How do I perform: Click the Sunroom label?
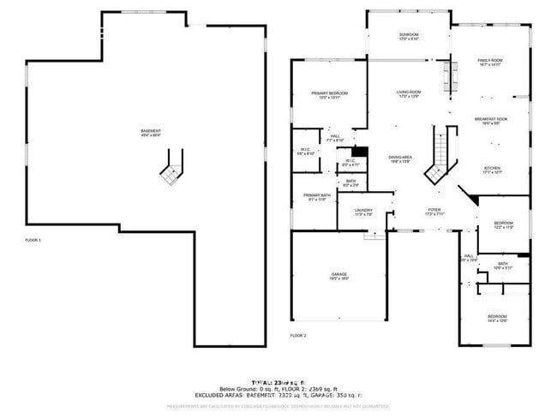click(409, 36)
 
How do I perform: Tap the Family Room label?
click(489, 61)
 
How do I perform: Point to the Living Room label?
click(409, 93)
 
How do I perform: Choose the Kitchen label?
click(492, 170)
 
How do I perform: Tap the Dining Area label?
click(401, 158)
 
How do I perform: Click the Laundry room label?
click(363, 212)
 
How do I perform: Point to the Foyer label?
click(434, 211)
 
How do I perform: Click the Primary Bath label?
click(316, 197)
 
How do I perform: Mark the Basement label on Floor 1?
click(151, 133)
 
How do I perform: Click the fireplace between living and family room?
click(446, 80)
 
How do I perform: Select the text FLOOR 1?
click(33, 241)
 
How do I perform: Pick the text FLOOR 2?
click(298, 335)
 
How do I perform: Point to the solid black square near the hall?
click(361, 152)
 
